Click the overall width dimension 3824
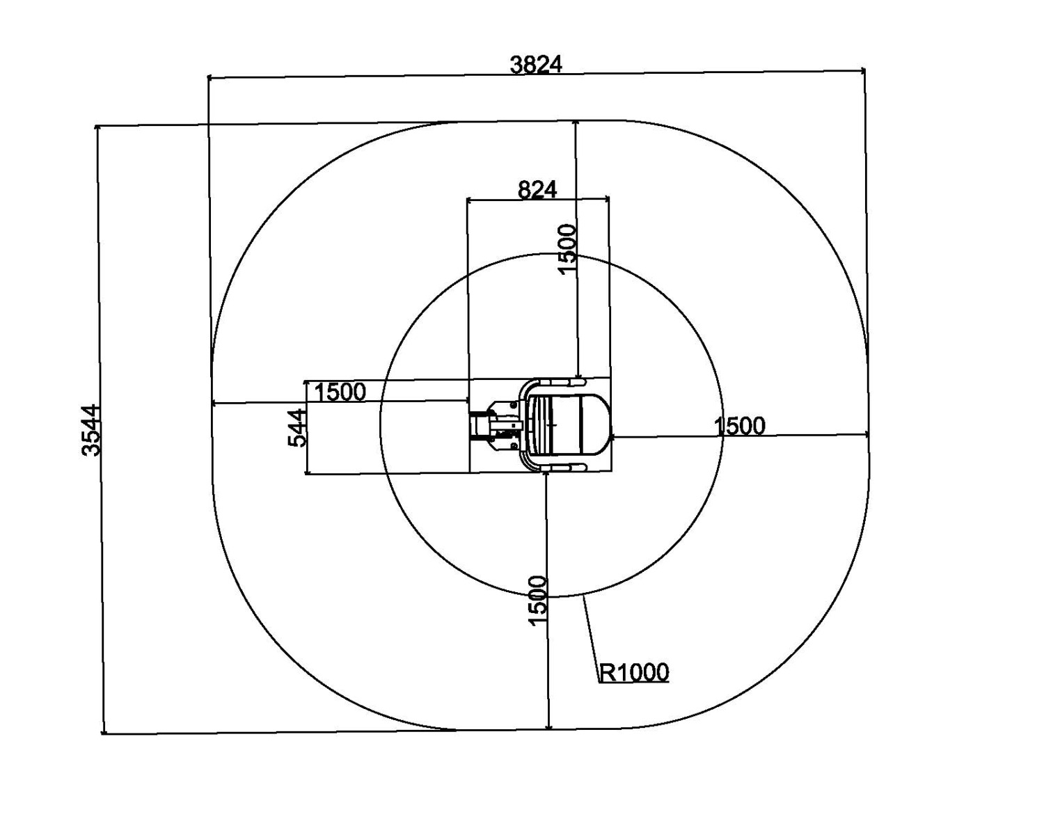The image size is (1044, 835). pos(536,65)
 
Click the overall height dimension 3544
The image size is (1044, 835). pos(91,429)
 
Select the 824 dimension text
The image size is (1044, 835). pos(537,190)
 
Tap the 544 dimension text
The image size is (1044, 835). pos(297,427)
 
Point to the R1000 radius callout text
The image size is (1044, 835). pos(634,672)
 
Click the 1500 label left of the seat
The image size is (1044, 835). pos(340,392)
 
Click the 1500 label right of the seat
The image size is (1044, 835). pos(739,426)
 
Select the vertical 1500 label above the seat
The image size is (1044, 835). pos(567,249)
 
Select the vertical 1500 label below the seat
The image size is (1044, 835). pos(537,601)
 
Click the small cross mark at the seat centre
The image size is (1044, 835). pos(552,425)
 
